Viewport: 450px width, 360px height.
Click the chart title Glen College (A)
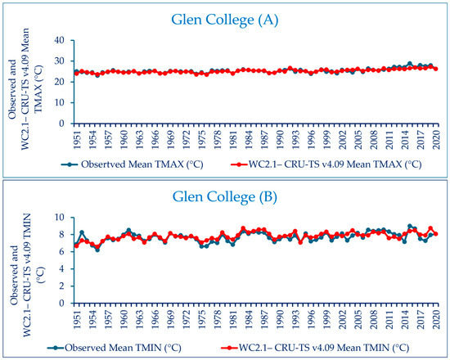click(x=225, y=20)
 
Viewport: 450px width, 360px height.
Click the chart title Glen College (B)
click(x=225, y=197)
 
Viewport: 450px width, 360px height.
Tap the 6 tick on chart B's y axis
click(x=64, y=251)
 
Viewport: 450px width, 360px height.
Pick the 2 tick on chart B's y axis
click(x=64, y=286)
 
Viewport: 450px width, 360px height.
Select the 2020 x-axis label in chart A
click(x=436, y=139)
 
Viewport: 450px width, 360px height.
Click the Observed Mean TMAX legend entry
click(x=132, y=164)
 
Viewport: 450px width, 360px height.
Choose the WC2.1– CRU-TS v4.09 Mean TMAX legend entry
click(x=326, y=164)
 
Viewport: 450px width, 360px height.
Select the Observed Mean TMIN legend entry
click(x=115, y=348)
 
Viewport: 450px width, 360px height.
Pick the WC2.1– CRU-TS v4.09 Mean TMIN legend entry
click(x=315, y=348)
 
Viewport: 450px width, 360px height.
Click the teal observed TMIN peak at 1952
click(x=82, y=232)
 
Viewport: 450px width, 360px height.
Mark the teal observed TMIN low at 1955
click(x=97, y=250)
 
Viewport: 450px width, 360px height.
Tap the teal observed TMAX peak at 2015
click(x=410, y=64)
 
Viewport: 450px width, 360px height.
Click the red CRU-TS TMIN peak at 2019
click(x=430, y=228)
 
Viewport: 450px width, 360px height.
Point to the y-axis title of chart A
click(x=26, y=89)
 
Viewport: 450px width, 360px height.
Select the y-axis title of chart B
click(x=27, y=274)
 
